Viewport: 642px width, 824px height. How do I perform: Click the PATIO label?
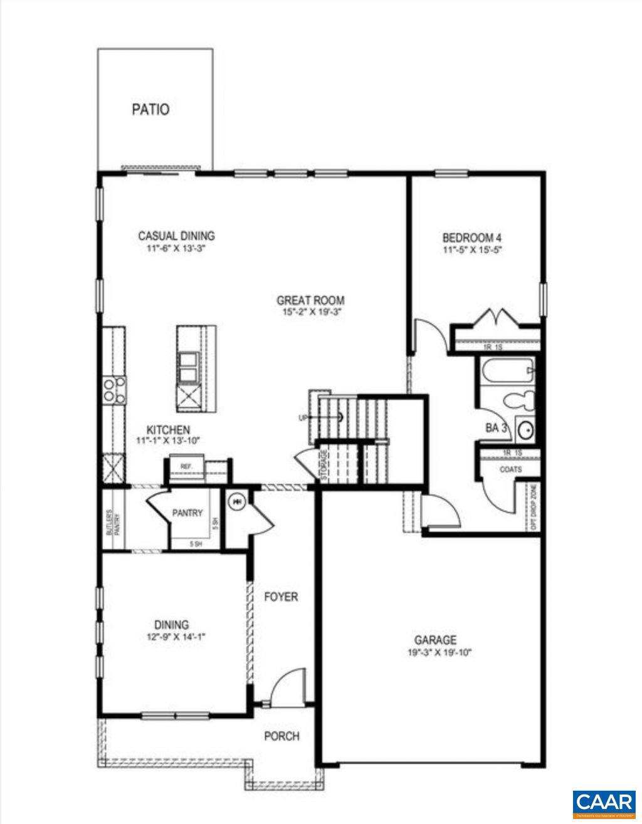tap(150, 110)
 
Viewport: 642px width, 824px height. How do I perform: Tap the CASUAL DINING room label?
tap(176, 236)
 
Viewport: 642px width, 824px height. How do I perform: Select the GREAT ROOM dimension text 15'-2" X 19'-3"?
tap(310, 312)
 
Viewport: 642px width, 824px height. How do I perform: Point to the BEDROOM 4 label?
tap(471, 238)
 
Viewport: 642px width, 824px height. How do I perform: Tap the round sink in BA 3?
tap(525, 430)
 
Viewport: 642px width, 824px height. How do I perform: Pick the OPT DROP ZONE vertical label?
tap(533, 508)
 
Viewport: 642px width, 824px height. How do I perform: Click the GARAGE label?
tap(435, 640)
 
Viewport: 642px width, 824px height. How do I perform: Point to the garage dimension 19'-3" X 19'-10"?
tap(435, 652)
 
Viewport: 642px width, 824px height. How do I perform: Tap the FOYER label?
tap(280, 597)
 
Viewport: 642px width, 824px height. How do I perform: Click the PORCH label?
tap(282, 736)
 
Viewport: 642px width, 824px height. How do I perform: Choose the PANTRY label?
tap(187, 513)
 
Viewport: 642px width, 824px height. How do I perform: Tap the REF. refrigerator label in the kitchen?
tap(186, 467)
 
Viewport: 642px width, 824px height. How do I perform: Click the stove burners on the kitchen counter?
tap(113, 389)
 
